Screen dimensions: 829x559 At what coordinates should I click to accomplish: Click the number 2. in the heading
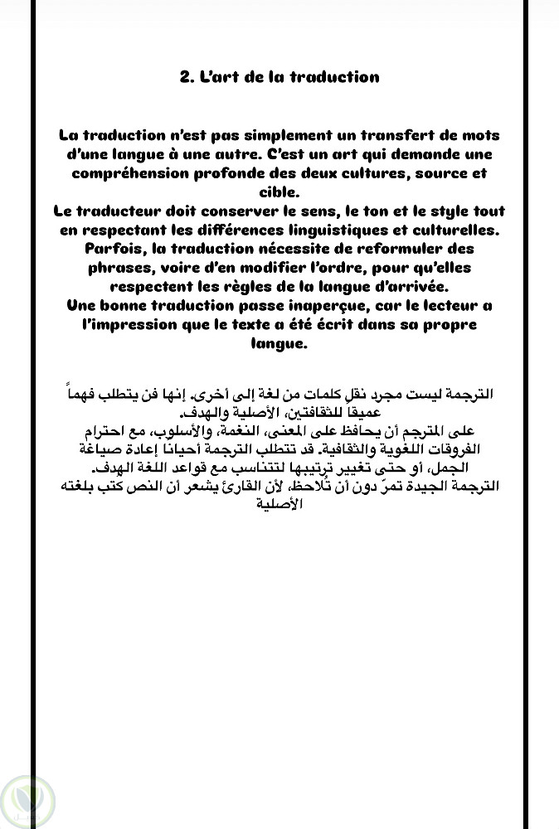[x=187, y=77]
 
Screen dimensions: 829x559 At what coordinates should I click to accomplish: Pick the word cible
[x=279, y=192]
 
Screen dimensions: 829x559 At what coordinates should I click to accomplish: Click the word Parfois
[x=112, y=250]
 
